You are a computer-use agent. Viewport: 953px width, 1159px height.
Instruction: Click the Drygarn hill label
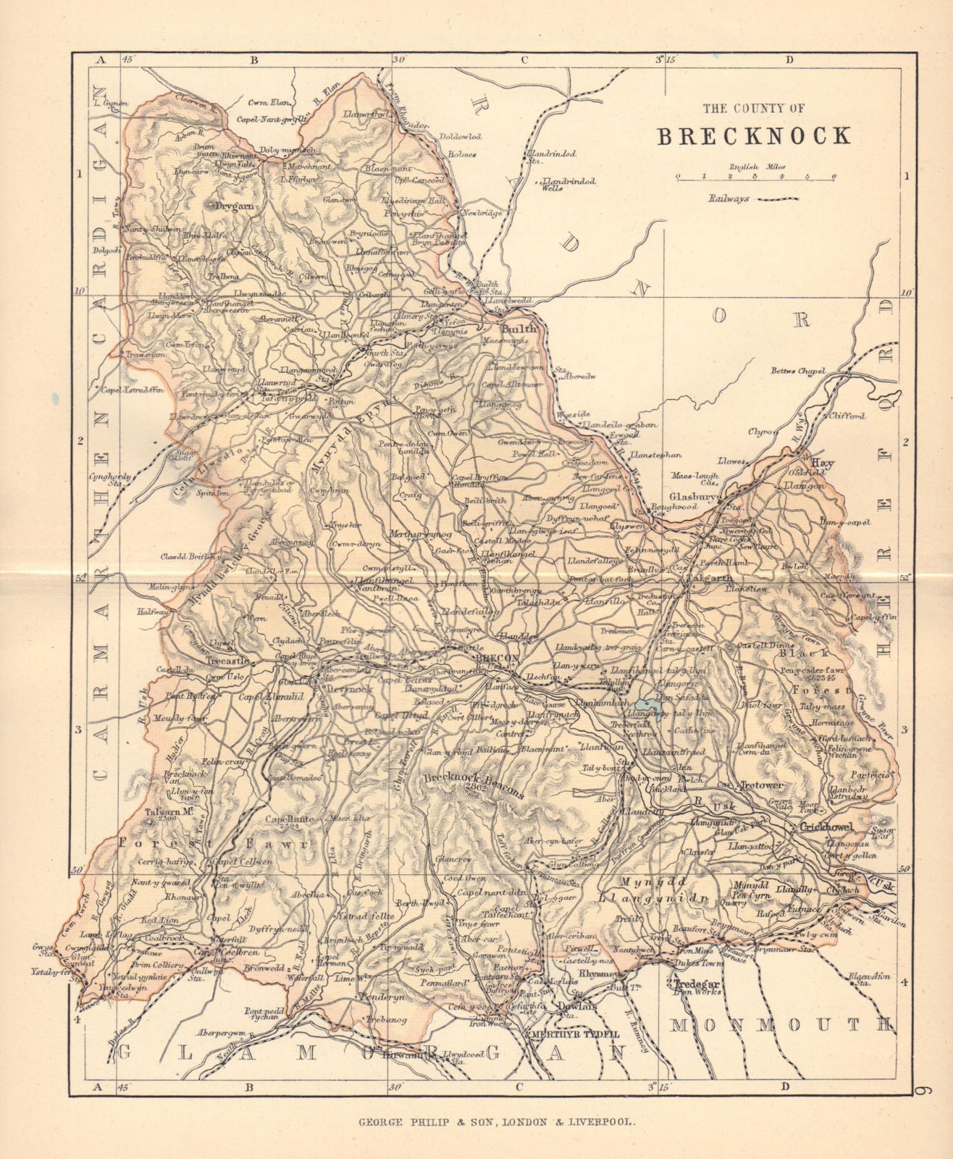click(232, 206)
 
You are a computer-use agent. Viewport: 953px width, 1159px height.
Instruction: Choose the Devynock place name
click(350, 689)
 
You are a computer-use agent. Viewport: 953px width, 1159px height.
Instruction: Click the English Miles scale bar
click(754, 176)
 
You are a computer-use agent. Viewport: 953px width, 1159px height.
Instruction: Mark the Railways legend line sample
click(778, 198)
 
